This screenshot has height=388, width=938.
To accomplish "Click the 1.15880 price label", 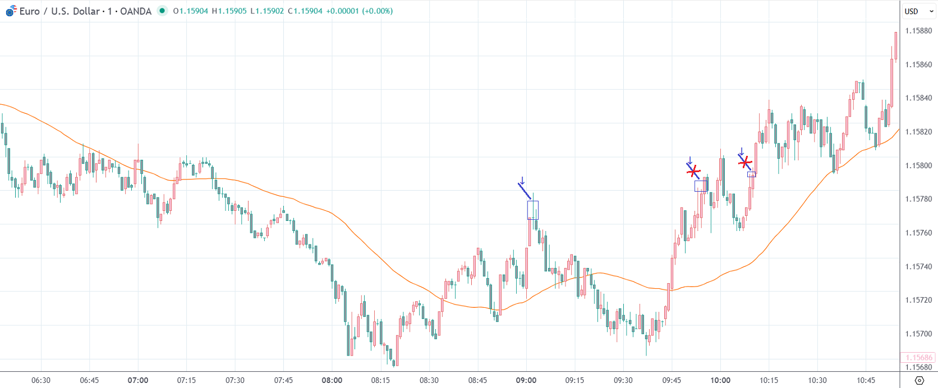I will coord(918,31).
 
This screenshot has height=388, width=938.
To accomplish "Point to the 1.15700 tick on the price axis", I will coord(918,334).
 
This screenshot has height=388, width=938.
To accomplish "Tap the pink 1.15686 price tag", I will coord(918,357).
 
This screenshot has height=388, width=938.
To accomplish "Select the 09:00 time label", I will coord(526,380).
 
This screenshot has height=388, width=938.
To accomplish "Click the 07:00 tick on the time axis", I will coord(138,380).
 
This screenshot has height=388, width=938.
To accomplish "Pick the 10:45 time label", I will coord(866,380).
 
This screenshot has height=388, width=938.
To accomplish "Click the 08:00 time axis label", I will coord(332,380).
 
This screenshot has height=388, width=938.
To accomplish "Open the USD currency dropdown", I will coord(918,11).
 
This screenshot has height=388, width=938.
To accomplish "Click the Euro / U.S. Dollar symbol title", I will coord(85,11).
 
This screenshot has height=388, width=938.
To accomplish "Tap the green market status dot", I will coord(162,11).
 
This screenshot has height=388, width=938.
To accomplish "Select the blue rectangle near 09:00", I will coord(532,210).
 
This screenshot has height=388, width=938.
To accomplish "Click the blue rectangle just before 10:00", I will coord(701,186).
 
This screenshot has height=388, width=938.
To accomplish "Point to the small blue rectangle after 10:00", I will coord(751,174).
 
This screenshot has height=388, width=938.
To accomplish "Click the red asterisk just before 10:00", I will coord(694,170).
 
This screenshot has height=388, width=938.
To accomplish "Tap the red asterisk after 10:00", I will coord(745,163).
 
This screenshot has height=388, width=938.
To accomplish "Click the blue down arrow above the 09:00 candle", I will coord(522,181).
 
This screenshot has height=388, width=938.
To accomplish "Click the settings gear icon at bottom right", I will coord(919,380).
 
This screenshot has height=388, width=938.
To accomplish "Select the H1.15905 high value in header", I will coord(229,11).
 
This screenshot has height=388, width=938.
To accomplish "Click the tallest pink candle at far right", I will coord(895,46).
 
